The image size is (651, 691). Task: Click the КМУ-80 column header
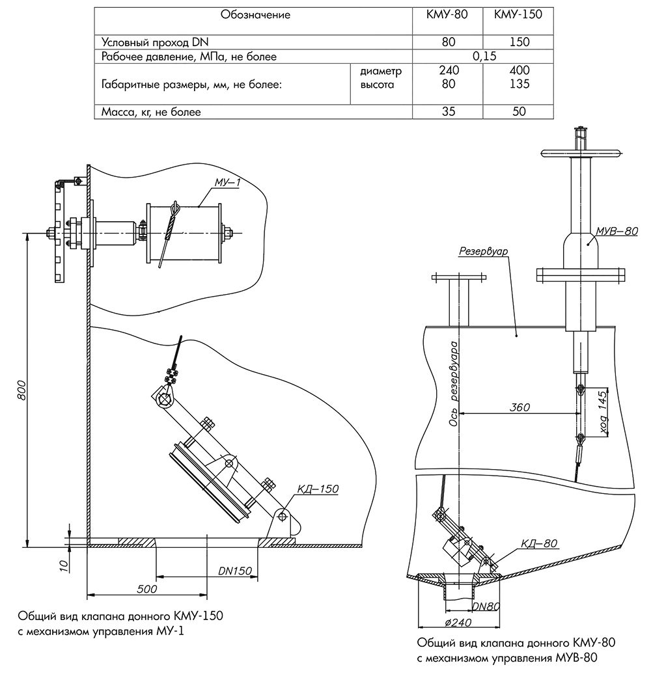[x=447, y=14]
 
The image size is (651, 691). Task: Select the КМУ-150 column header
[x=518, y=14]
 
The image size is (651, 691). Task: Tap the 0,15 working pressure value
[x=484, y=57]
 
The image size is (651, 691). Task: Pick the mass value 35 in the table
[x=448, y=111]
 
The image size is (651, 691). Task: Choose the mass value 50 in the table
[x=519, y=111]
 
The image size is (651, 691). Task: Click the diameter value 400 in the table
[x=519, y=70]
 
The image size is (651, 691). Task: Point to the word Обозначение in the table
[x=255, y=14]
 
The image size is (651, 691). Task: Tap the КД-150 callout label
[x=318, y=489]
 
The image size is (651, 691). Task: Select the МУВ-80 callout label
[x=617, y=231]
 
